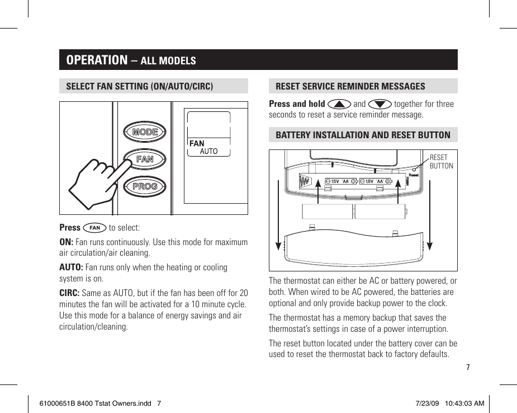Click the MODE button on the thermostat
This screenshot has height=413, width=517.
[145, 132]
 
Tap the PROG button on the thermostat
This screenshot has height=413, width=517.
[145, 186]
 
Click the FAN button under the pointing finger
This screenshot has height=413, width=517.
[145, 159]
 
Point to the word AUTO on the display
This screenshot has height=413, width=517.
[208, 152]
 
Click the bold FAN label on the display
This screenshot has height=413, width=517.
[197, 144]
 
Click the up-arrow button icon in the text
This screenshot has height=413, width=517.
[340, 104]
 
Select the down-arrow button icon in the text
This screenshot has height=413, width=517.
[380, 104]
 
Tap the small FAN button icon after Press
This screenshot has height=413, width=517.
[94, 228]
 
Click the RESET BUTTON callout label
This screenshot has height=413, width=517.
[441, 162]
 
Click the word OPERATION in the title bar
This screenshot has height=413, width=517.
[97, 60]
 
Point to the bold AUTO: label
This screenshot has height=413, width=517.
[72, 267]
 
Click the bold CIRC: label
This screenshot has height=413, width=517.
[70, 293]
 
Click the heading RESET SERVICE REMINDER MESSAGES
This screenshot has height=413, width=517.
[350, 86]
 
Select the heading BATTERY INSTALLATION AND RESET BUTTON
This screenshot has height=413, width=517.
[363, 135]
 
